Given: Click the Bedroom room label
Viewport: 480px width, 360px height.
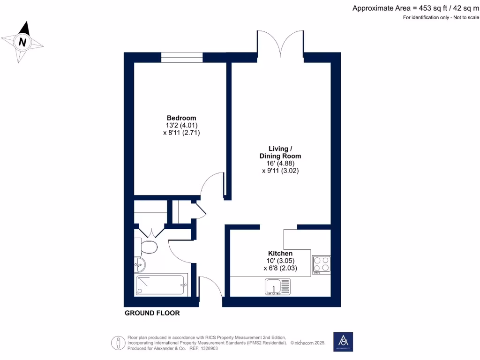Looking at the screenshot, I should pyautogui.click(x=181, y=118).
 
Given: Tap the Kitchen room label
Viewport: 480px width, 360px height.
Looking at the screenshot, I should pyautogui.click(x=280, y=253).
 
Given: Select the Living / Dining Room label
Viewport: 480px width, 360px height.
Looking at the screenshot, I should pyautogui.click(x=280, y=152).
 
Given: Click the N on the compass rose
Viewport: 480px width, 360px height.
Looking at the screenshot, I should pyautogui.click(x=22, y=42).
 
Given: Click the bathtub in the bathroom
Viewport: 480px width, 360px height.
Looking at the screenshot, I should pyautogui.click(x=161, y=285).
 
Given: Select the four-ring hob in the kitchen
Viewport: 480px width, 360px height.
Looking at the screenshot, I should pyautogui.click(x=322, y=264).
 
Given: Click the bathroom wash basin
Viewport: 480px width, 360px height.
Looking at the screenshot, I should pyautogui.click(x=140, y=265).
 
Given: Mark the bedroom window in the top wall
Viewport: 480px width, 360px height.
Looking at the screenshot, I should pyautogui.click(x=182, y=57).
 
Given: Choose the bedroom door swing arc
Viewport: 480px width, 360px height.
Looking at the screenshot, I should pyautogui.click(x=211, y=183).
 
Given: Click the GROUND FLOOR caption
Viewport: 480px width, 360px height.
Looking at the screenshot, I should pyautogui.click(x=152, y=313).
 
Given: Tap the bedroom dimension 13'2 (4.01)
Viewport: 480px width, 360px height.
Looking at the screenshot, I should pyautogui.click(x=181, y=125).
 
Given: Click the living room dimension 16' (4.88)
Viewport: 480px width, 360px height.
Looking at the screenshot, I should pyautogui.click(x=280, y=163).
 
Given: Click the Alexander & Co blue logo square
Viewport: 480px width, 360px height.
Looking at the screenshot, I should pyautogui.click(x=343, y=342).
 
